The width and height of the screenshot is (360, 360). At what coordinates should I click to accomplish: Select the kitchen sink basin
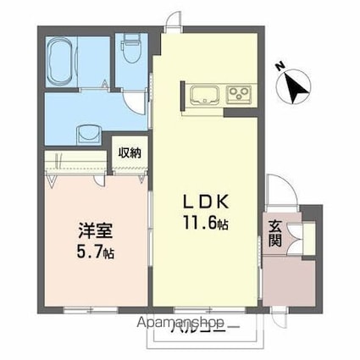203,93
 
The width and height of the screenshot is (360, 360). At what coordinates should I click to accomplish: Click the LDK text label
201,203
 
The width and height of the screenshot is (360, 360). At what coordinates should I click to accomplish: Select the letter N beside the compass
280,66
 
